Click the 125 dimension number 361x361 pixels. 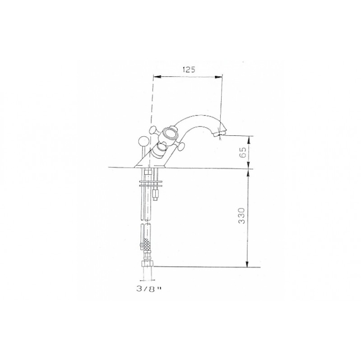coord(189,69)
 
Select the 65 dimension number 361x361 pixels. coord(243,152)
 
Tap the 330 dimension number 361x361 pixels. coord(241,216)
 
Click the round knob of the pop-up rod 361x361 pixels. coord(143,141)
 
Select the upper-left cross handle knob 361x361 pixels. coord(153,130)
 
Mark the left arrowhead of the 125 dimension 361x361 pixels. coord(156,77)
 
